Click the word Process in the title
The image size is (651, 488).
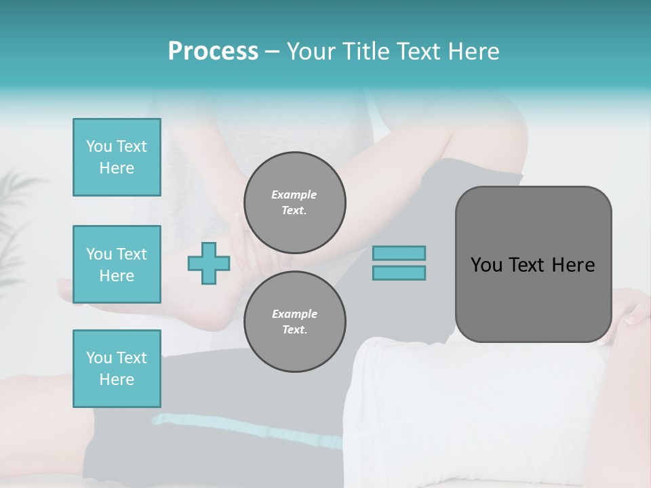click(213, 52)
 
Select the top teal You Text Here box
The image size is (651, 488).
click(117, 157)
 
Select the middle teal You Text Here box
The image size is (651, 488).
click(117, 264)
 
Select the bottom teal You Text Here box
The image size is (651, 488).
click(117, 368)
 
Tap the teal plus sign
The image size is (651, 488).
click(208, 263)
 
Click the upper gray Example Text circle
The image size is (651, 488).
click(294, 203)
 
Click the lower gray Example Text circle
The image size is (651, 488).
click(294, 322)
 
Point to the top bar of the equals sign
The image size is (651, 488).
click(399, 253)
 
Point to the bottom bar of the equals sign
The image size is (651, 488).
click(399, 272)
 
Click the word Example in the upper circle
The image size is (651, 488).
click(294, 195)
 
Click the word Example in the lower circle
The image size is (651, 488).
click(294, 314)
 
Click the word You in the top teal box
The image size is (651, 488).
click(98, 146)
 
